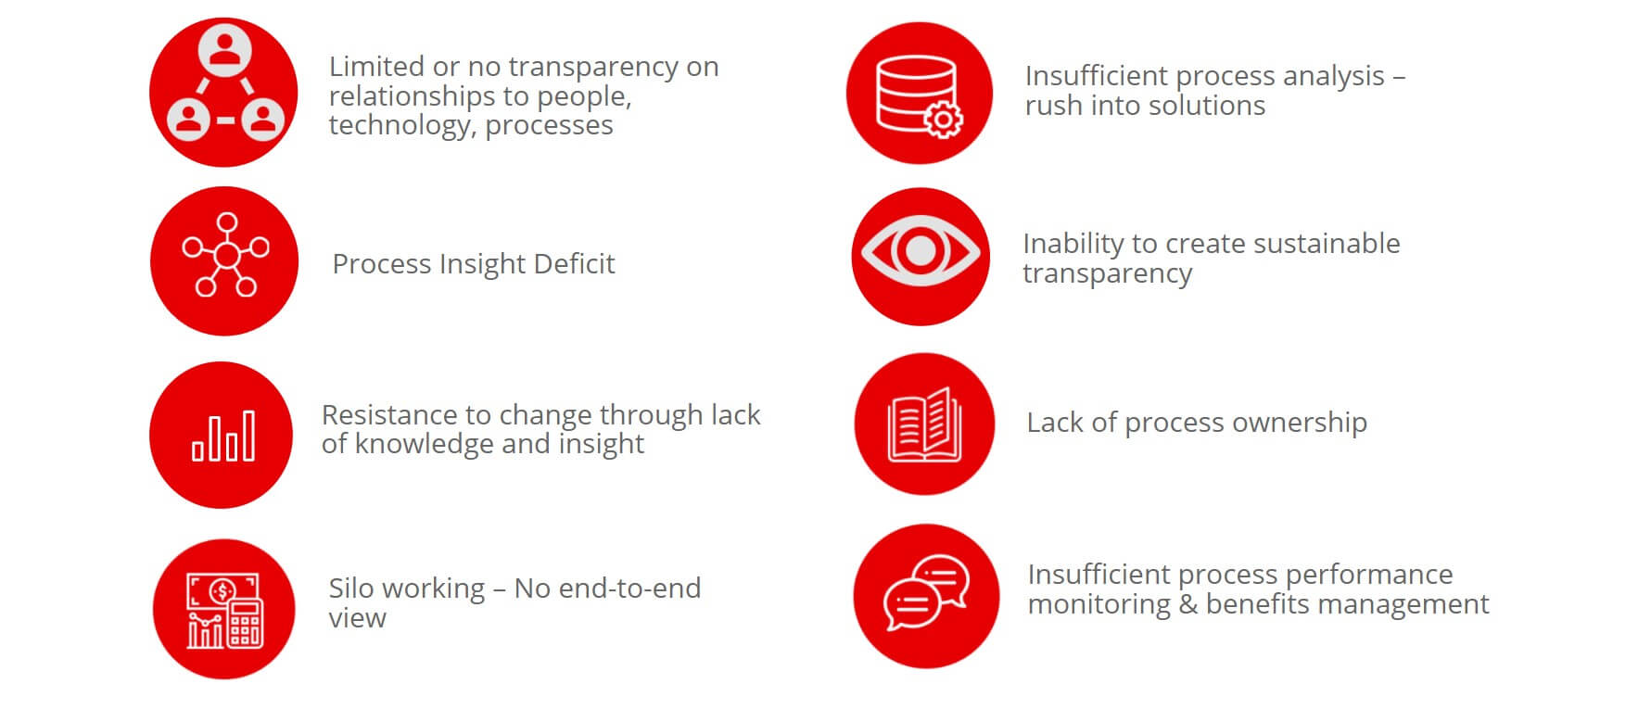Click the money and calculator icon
223,609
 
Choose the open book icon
924,424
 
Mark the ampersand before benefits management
1188,604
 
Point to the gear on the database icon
943,119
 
